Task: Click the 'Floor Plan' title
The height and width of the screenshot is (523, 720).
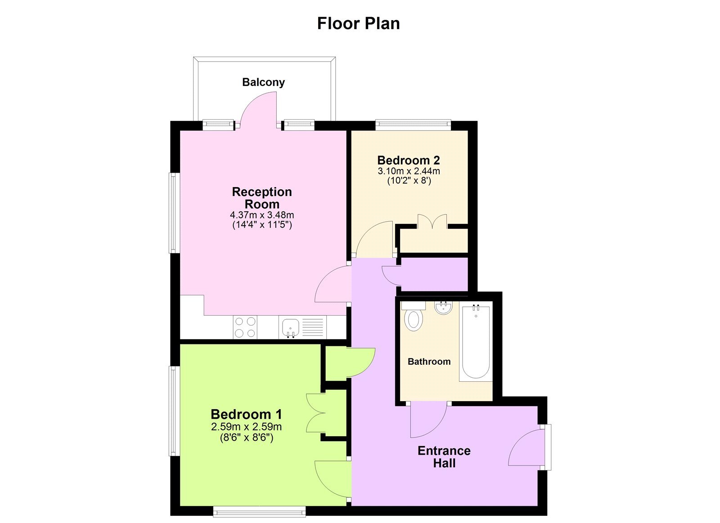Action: pyautogui.click(x=358, y=23)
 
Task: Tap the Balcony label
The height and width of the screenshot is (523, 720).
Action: pyautogui.click(x=263, y=82)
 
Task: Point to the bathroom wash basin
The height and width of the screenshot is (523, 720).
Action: pyautogui.click(x=443, y=308)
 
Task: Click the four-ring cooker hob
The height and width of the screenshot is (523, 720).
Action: pyautogui.click(x=245, y=327)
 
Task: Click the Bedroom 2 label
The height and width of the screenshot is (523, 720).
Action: pyautogui.click(x=409, y=160)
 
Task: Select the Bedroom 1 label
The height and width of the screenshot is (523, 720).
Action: pyautogui.click(x=246, y=414)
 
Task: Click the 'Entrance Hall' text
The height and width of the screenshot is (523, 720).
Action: pyautogui.click(x=444, y=457)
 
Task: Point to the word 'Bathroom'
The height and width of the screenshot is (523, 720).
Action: pyautogui.click(x=429, y=362)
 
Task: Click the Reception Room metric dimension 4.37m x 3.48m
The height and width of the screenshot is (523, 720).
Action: pyautogui.click(x=262, y=215)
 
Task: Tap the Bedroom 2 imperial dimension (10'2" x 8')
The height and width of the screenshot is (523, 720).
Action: pyautogui.click(x=409, y=181)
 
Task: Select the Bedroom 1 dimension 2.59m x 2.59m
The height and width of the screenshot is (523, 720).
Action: pyautogui.click(x=246, y=427)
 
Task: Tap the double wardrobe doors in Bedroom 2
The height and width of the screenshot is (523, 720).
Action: pyautogui.click(x=432, y=222)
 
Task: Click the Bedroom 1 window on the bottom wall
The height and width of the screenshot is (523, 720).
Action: pyautogui.click(x=259, y=511)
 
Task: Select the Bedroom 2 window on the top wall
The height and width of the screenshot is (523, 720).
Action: pyautogui.click(x=413, y=125)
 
